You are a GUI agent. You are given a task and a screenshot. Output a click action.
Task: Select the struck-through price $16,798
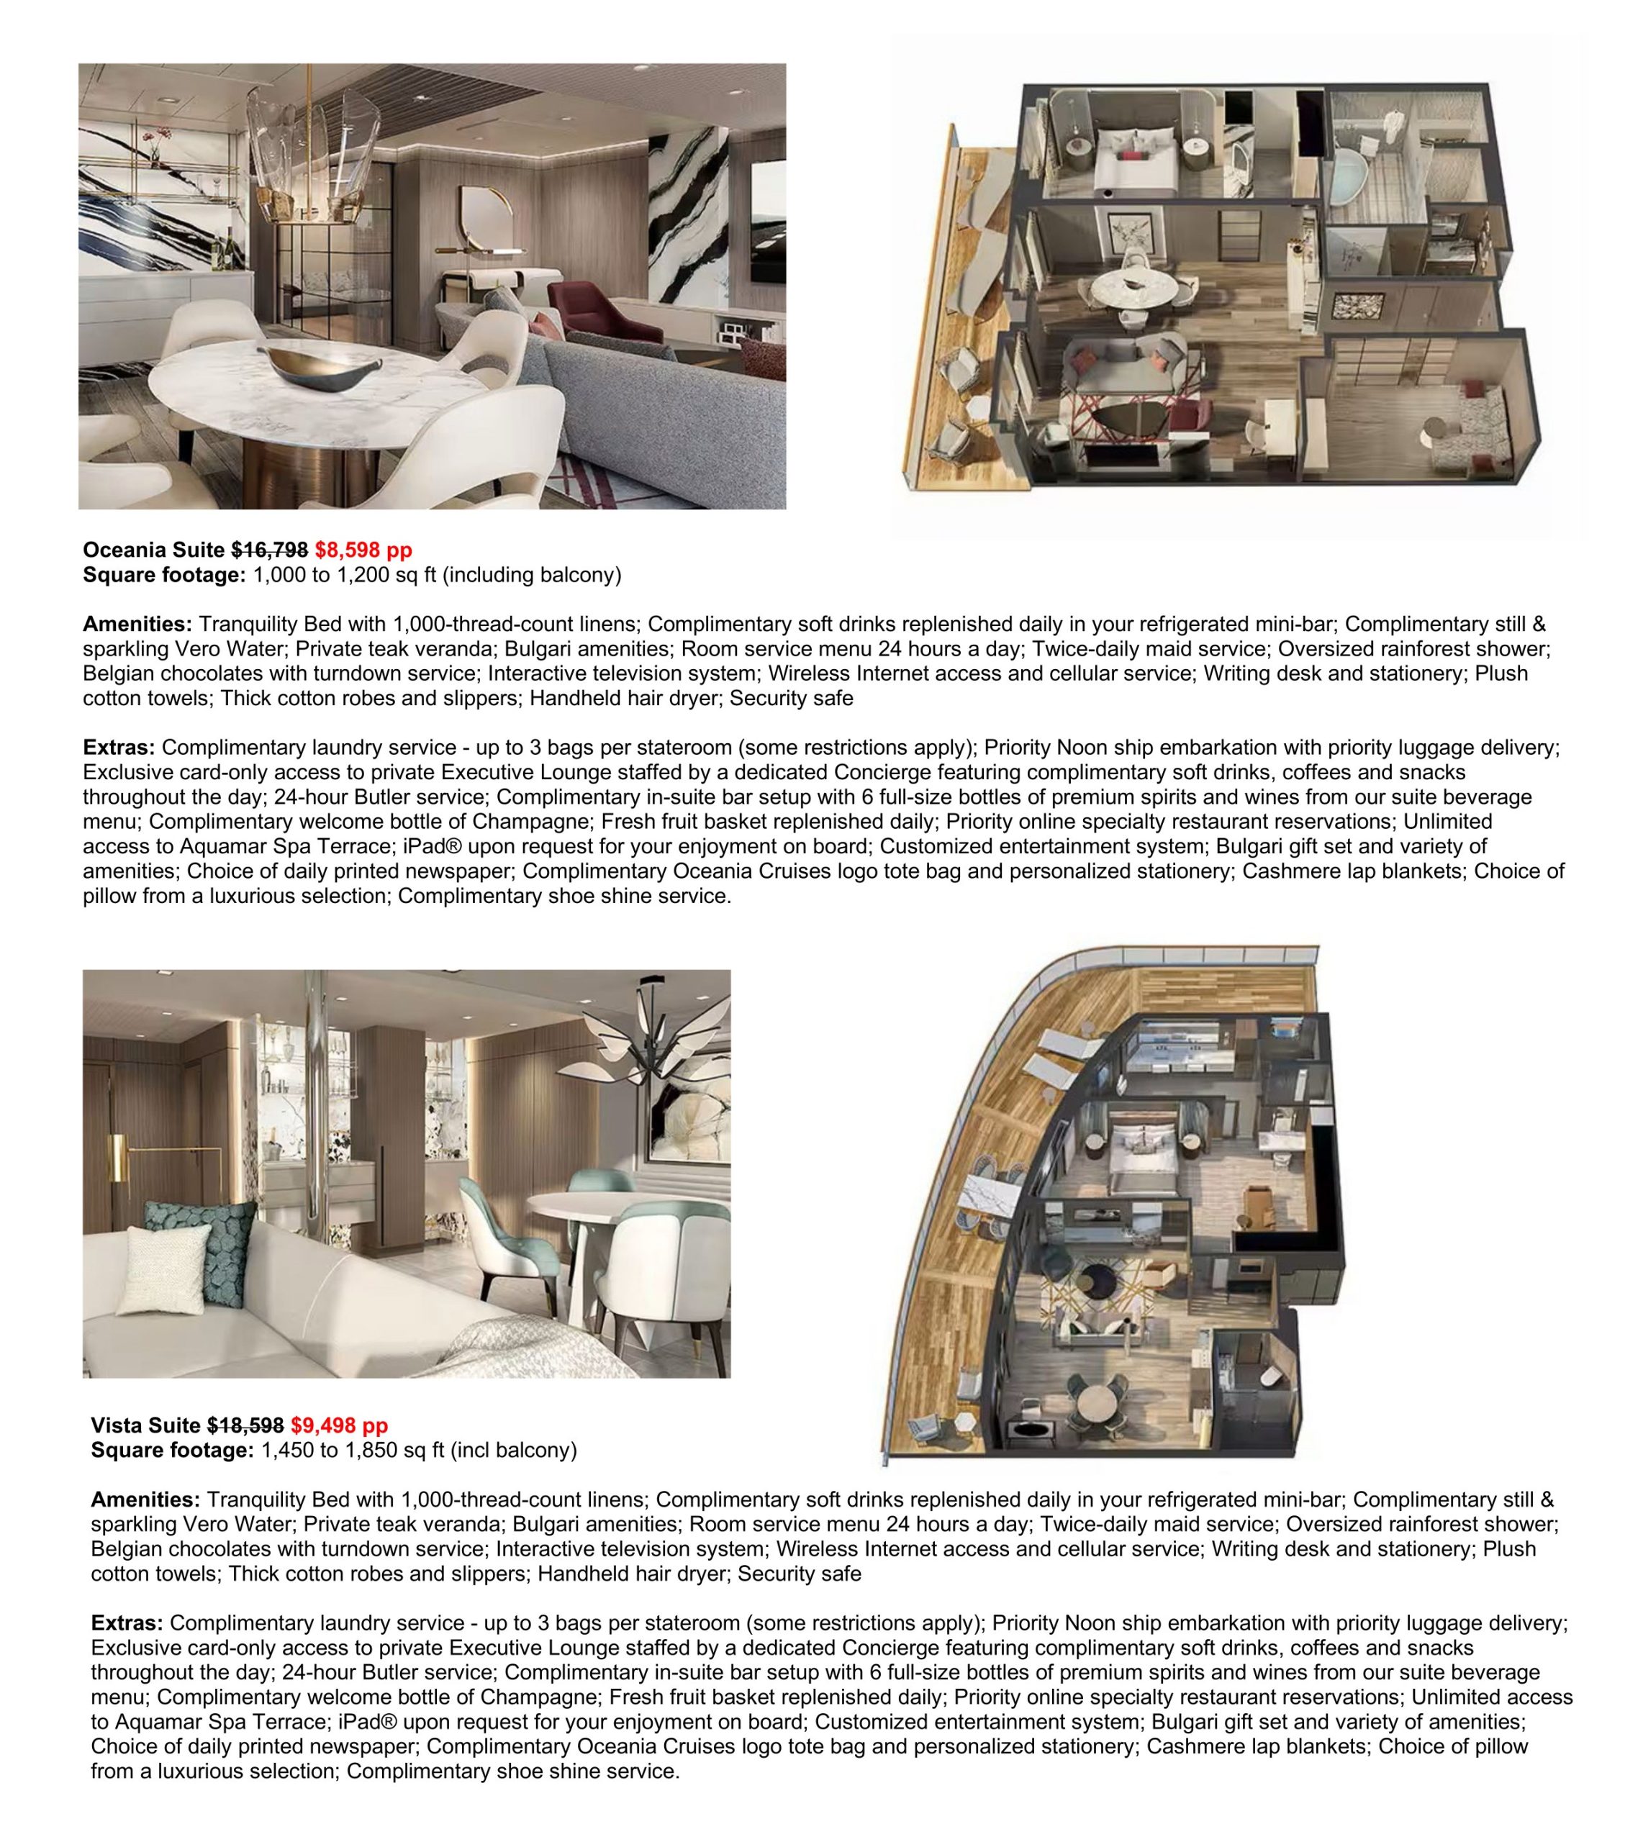coord(269,550)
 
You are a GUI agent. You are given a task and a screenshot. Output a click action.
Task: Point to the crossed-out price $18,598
coord(245,1425)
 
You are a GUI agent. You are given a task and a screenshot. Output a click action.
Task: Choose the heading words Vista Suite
coord(145,1425)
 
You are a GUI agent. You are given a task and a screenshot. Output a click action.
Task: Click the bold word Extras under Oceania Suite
coord(118,748)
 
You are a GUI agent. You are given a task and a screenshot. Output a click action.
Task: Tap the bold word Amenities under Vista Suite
coord(145,1499)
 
